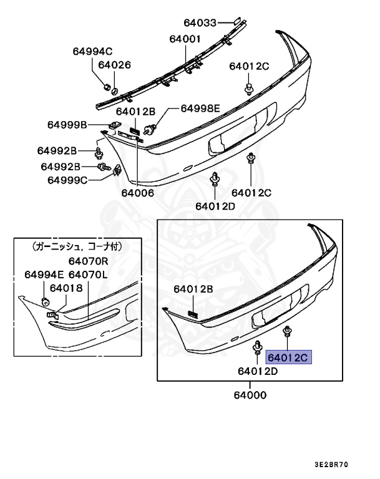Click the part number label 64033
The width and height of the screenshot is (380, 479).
click(199, 23)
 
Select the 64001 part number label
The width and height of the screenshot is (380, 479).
click(185, 39)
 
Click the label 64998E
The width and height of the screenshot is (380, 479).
click(200, 108)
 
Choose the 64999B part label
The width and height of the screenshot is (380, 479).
click(67, 125)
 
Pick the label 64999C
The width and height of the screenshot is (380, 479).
click(67, 180)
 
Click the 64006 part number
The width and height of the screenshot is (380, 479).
click(137, 193)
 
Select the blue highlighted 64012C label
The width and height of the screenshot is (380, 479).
click(288, 358)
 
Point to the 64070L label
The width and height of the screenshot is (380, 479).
click(88, 274)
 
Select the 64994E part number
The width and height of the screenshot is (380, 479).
click(44, 274)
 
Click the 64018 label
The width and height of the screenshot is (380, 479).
click(66, 288)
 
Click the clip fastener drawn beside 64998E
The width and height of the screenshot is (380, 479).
click(150, 130)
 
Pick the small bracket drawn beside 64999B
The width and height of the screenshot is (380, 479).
click(114, 125)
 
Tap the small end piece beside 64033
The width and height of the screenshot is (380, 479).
click(238, 22)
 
